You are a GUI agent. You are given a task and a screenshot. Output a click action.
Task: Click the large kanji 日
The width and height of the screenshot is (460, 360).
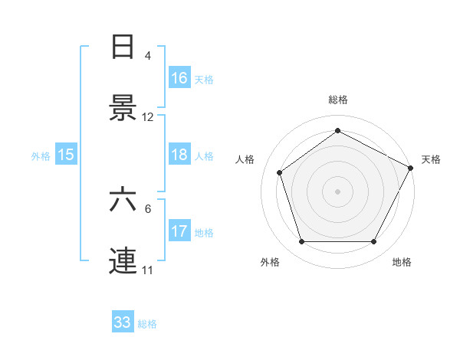(123, 47)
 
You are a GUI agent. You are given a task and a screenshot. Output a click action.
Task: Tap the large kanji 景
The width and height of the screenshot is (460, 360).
(123, 108)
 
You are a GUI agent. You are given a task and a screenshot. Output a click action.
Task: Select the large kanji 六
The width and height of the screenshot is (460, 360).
(123, 201)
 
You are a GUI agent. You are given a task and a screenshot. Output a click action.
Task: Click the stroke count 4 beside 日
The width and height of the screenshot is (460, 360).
(148, 56)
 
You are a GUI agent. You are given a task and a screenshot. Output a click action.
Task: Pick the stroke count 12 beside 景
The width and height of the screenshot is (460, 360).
(148, 117)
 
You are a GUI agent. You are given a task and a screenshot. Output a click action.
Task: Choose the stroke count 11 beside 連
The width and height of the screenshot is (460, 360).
(148, 270)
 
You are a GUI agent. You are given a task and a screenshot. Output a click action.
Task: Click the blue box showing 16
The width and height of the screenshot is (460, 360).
(179, 78)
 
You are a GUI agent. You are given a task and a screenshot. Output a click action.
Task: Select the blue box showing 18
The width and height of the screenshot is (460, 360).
(179, 155)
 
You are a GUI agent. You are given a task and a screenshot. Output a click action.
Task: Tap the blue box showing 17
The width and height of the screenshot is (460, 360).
(179, 231)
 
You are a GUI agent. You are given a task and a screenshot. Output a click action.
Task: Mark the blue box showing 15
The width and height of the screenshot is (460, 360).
(66, 155)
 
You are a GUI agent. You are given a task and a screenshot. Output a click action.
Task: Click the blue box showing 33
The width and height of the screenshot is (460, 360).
(123, 323)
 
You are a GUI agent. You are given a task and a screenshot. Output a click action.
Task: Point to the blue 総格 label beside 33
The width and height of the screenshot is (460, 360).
(147, 324)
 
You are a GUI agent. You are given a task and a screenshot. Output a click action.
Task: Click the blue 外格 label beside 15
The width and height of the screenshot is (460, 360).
(41, 155)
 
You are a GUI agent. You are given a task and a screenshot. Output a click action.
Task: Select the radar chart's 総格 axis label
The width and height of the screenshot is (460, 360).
(338, 100)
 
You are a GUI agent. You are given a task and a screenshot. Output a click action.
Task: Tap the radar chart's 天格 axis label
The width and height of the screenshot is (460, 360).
(431, 159)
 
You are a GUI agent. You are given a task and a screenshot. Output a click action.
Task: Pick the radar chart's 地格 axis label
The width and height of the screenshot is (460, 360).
(402, 262)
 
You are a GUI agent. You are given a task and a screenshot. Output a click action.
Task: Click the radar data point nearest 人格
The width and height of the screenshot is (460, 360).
(280, 172)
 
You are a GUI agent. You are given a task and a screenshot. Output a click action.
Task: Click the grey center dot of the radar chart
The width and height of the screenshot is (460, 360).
(338, 191)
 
